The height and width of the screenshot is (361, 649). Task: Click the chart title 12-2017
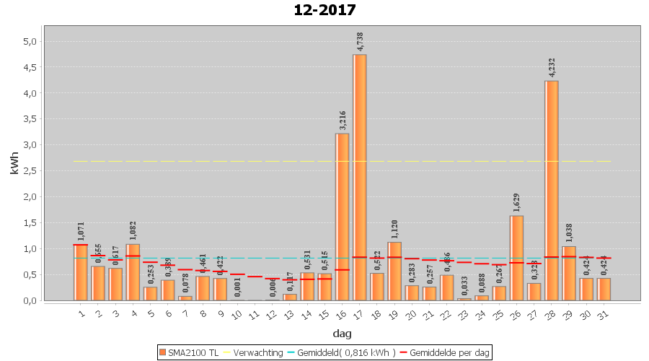324,10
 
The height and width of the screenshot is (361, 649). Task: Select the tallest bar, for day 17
359,177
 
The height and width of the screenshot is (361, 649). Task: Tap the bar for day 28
551,191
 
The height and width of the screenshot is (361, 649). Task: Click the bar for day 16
342,217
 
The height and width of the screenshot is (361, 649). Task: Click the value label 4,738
360,41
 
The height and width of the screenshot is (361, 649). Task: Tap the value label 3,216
342,121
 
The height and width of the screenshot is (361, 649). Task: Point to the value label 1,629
516,203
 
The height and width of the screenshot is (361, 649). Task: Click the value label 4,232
552,67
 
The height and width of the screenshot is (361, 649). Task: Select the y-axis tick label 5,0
29,41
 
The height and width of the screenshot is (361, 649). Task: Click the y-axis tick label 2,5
29,171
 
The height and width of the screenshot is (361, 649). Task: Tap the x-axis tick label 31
603,313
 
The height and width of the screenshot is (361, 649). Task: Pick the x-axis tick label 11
255,313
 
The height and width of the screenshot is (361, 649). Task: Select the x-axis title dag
342,333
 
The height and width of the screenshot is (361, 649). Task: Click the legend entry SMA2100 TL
188,352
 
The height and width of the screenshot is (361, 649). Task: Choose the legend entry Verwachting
255,352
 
